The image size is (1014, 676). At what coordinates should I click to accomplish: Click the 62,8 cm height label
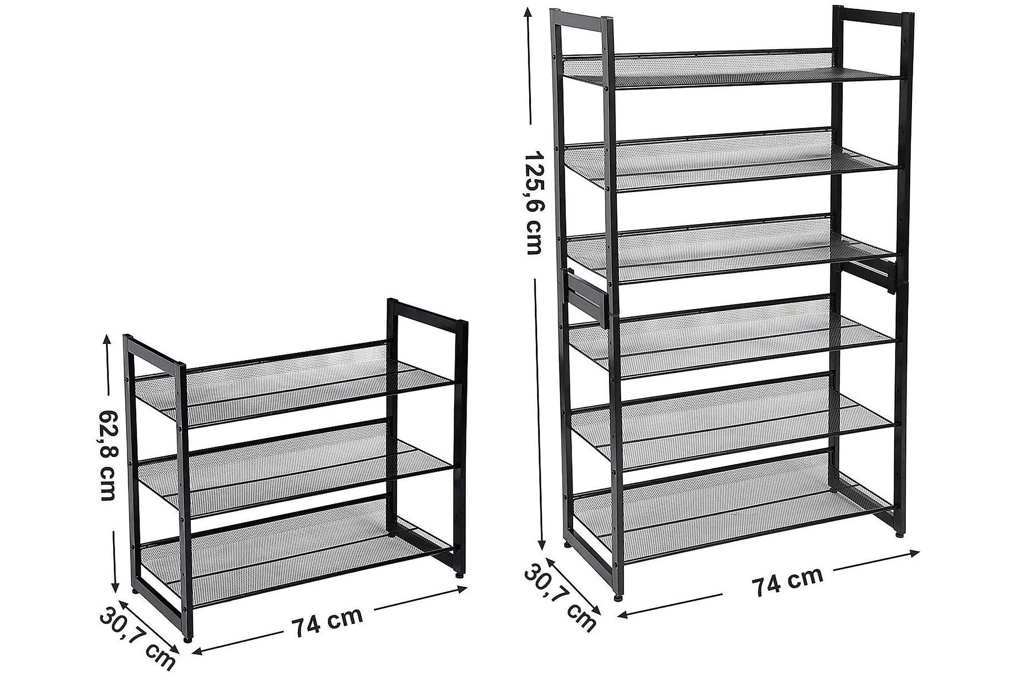[x=108, y=456]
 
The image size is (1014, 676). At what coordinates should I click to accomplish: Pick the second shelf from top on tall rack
[x=732, y=160]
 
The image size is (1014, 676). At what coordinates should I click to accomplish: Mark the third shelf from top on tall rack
[x=732, y=248]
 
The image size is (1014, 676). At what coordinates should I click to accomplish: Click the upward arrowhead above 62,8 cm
[x=107, y=341]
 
